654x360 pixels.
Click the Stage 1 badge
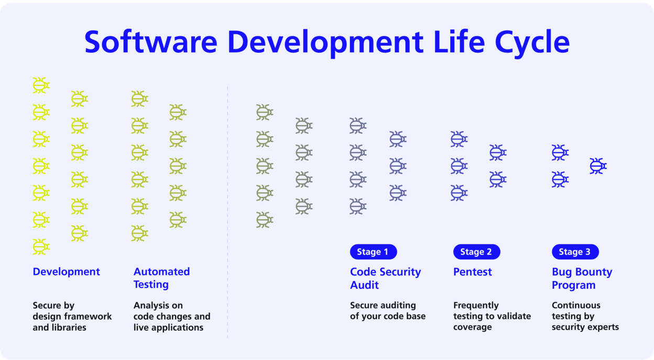(x=374, y=252)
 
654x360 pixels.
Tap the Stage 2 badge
(x=476, y=252)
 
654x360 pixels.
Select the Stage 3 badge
(x=575, y=252)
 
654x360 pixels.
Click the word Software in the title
(x=151, y=42)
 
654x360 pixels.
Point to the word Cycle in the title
(x=532, y=42)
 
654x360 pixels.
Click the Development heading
(x=66, y=272)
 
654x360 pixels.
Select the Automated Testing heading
(x=161, y=278)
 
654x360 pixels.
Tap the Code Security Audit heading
(x=385, y=278)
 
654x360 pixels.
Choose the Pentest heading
(x=472, y=272)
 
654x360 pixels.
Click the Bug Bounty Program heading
(x=582, y=278)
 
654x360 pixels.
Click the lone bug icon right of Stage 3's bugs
(x=598, y=166)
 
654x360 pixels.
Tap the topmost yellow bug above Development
(x=41, y=85)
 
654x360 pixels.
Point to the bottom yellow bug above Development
(x=41, y=247)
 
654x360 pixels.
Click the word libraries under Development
(x=70, y=328)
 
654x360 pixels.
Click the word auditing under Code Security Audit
(x=398, y=306)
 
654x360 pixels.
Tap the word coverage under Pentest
(x=472, y=328)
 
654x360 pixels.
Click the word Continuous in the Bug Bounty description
(x=576, y=306)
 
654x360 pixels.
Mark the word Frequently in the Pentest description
(x=476, y=306)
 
